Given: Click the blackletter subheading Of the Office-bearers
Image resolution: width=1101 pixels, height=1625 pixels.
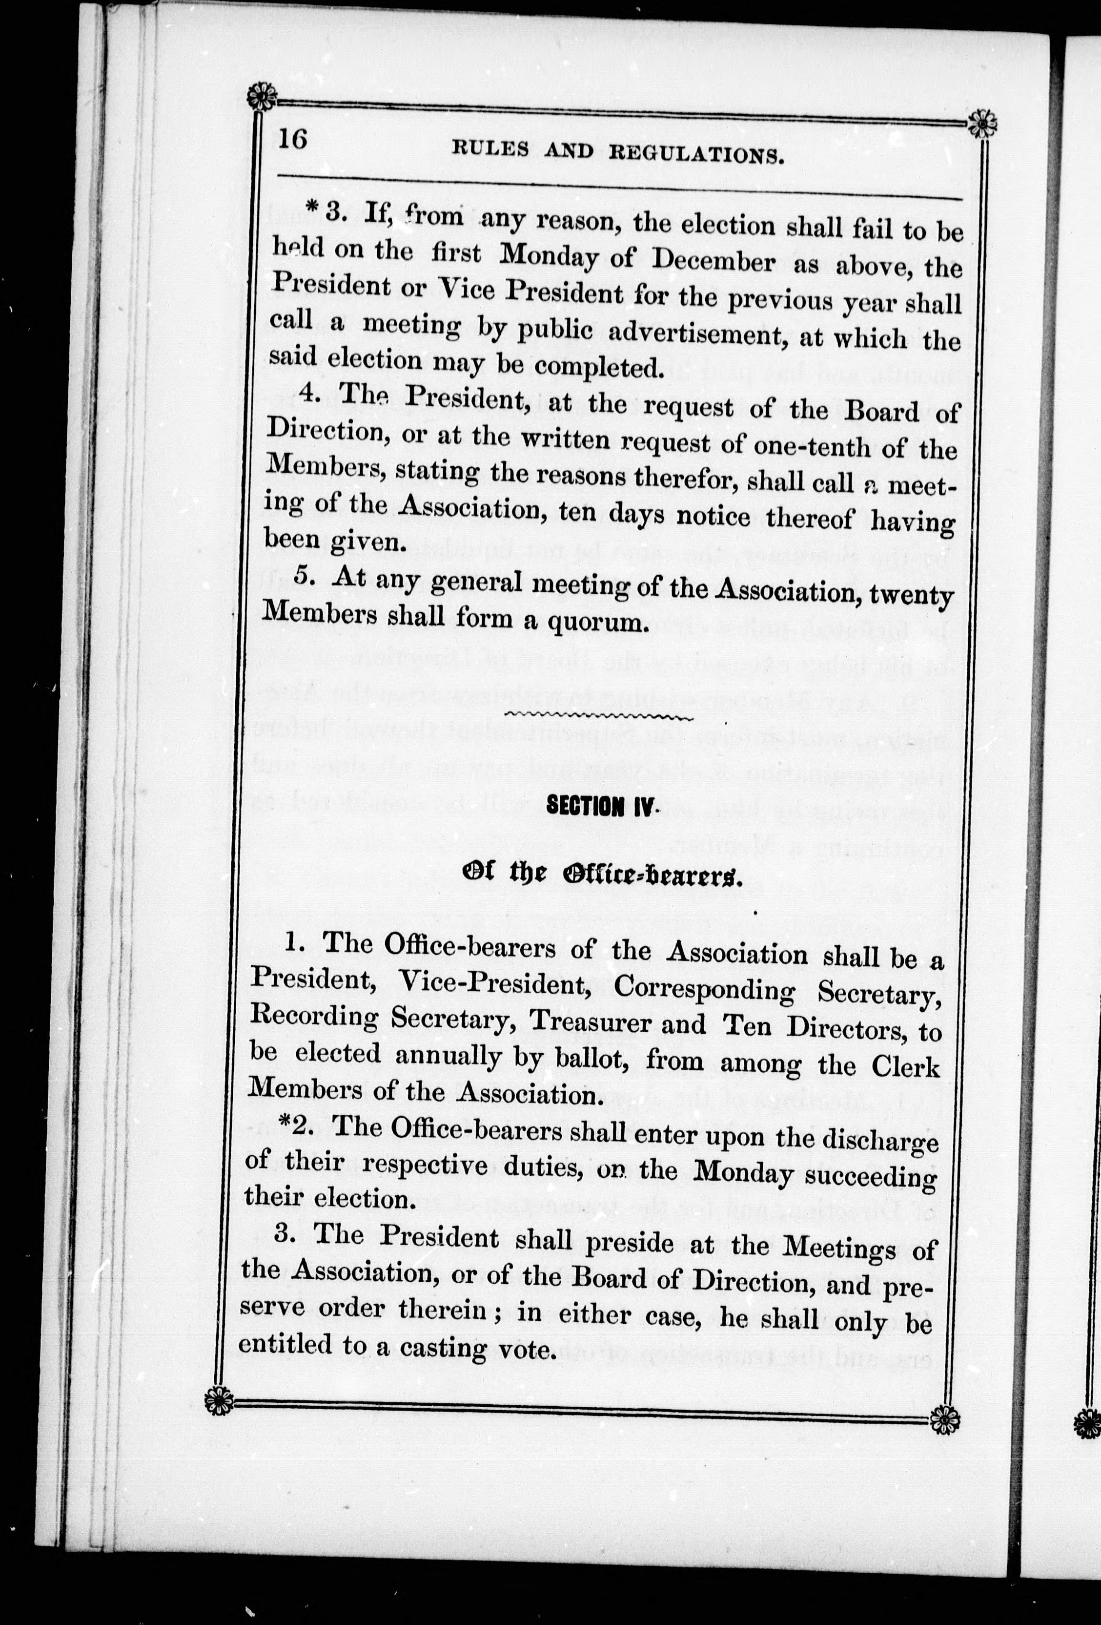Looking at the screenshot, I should (599, 875).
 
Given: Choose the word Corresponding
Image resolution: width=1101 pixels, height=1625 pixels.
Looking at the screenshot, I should (704, 991).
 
